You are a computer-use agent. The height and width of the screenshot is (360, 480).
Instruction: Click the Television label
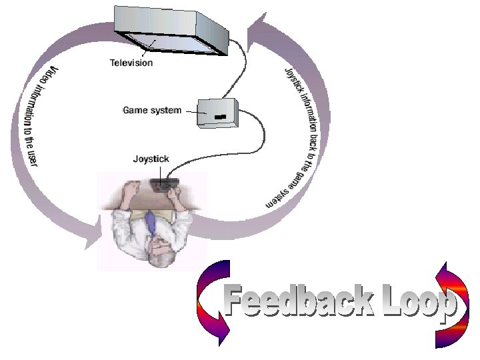click(131, 63)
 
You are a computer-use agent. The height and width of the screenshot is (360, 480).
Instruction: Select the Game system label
click(152, 110)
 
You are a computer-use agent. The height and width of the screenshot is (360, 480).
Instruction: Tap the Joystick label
click(151, 159)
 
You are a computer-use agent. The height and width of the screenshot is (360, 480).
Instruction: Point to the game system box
click(218, 112)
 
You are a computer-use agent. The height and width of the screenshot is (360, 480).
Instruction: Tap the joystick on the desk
click(163, 185)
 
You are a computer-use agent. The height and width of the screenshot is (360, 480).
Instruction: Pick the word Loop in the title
click(416, 303)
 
